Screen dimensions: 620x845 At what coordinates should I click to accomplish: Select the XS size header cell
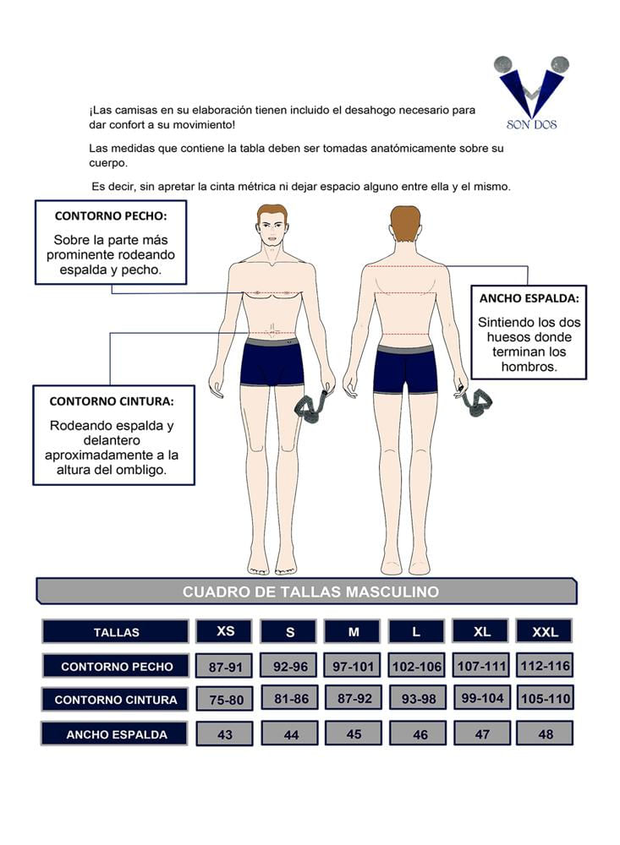(224, 631)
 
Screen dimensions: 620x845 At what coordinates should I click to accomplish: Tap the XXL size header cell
(545, 631)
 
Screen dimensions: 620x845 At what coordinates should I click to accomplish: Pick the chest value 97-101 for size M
(353, 666)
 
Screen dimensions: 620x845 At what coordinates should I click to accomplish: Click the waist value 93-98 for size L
(418, 699)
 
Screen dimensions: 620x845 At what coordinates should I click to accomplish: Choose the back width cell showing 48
(545, 733)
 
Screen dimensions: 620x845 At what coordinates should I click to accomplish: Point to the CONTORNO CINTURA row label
(116, 700)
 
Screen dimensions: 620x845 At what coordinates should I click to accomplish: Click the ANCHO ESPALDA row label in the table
(115, 734)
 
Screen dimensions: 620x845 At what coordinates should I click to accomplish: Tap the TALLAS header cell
(116, 631)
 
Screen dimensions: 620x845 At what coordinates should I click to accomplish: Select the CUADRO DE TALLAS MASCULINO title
(310, 591)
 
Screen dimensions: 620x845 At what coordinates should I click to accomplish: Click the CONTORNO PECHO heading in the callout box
(111, 216)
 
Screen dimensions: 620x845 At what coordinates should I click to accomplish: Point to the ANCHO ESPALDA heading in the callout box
(529, 298)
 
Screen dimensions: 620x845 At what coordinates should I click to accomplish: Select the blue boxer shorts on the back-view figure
(404, 369)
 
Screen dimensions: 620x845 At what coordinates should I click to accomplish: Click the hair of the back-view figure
(405, 223)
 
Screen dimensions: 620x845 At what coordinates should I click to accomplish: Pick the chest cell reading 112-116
(545, 666)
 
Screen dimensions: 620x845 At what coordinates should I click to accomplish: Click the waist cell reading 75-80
(226, 700)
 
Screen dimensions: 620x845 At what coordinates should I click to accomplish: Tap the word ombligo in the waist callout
(142, 470)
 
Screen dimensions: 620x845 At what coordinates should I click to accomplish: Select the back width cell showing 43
(224, 734)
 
